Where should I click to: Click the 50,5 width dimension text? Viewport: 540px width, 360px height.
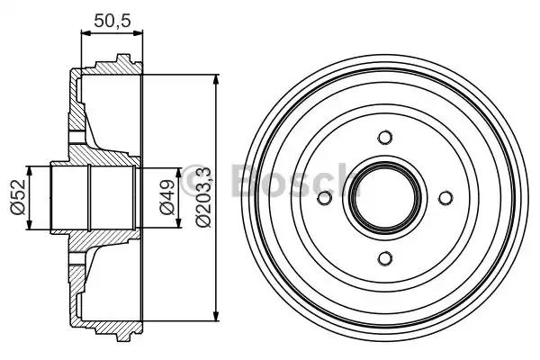(112, 17)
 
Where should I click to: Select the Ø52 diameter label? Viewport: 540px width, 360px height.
(17, 197)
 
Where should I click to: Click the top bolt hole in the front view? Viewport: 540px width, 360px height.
(385, 138)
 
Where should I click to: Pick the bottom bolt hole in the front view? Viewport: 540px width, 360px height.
(385, 259)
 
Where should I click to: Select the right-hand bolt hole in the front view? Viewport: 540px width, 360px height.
(445, 198)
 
